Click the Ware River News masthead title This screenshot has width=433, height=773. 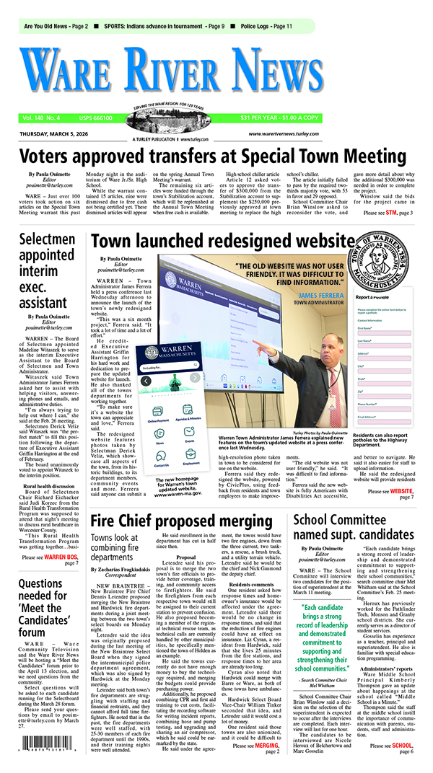coord(216,73)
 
